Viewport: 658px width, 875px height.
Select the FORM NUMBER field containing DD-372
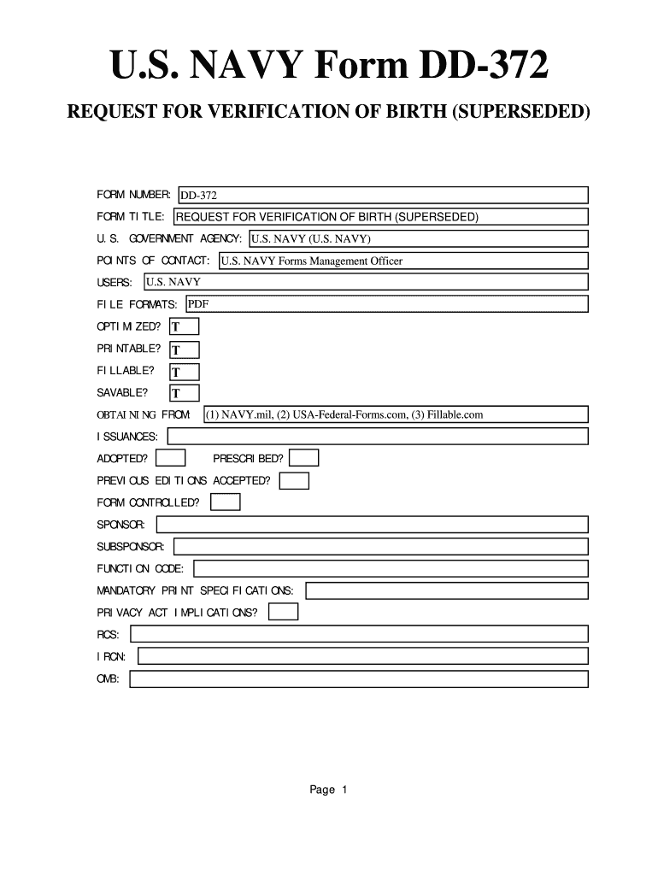coord(382,196)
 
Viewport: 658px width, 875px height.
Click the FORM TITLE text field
coord(380,217)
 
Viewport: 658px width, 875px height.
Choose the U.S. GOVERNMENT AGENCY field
coord(418,238)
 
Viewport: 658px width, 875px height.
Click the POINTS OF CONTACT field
coord(402,261)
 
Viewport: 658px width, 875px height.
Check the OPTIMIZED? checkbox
coord(185,327)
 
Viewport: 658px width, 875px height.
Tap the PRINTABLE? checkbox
coord(185,349)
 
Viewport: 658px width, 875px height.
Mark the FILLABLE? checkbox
coord(185,372)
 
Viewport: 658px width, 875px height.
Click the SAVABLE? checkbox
coord(185,393)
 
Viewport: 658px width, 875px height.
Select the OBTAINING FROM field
coord(395,414)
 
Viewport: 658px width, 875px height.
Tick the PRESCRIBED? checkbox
coord(305,459)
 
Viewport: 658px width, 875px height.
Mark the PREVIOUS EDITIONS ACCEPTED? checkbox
coord(295,481)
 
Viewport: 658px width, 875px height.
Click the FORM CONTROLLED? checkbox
coord(226,502)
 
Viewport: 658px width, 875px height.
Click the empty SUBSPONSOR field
coord(381,546)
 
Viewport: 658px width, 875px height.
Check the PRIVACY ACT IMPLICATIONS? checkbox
coord(283,612)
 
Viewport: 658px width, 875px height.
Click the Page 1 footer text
coord(328,790)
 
